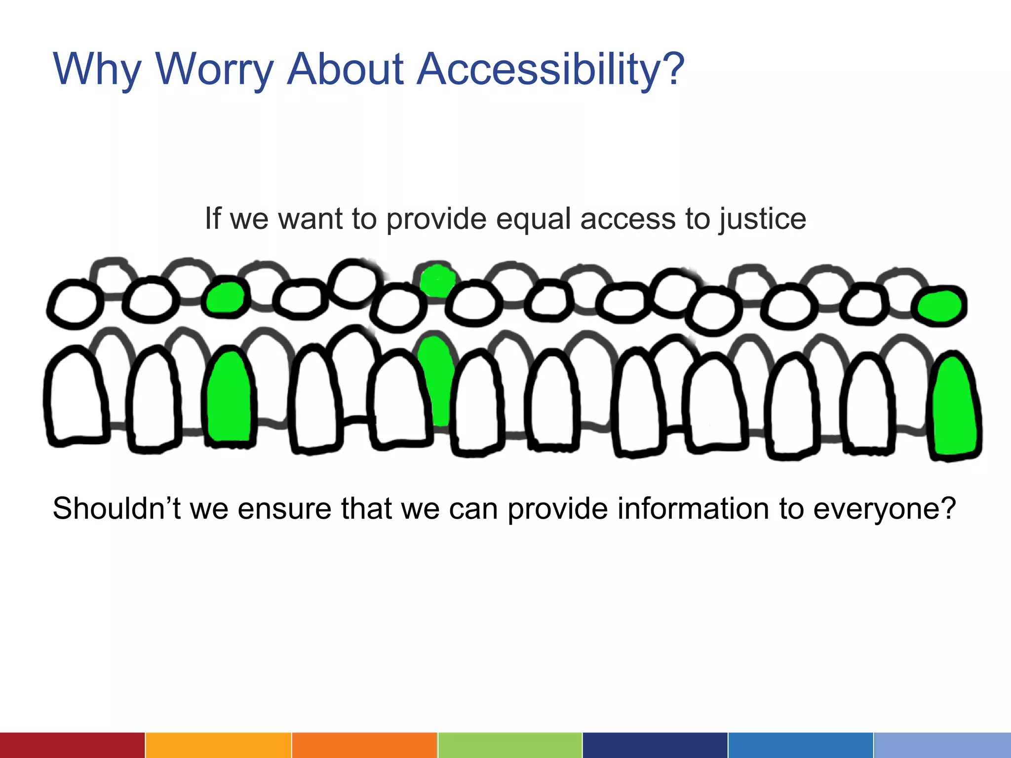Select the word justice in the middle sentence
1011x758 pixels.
pos(762,219)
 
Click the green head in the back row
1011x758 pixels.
pos(437,280)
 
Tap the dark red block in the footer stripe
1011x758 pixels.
pos(72,745)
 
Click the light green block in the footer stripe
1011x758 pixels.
pos(509,745)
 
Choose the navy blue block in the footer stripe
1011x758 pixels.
pos(655,745)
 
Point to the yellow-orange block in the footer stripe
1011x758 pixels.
pos(218,745)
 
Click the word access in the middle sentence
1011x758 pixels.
pos(627,219)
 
